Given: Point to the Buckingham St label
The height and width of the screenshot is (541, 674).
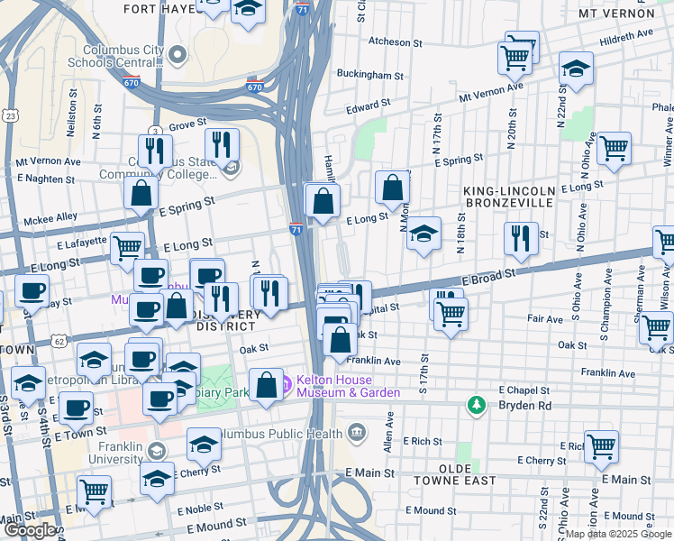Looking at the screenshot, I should coord(367,74).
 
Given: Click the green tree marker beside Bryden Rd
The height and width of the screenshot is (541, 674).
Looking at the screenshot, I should coord(476,405).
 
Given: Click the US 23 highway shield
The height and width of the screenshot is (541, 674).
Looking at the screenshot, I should coord(10,115).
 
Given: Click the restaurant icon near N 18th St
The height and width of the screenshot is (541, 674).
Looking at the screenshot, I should coord(520,237).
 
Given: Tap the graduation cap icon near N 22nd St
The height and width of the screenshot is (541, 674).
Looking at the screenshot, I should coord(576,68).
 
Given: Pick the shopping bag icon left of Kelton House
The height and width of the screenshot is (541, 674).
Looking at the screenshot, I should coord(267,385).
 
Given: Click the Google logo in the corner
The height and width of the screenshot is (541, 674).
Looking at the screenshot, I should coord(29,531).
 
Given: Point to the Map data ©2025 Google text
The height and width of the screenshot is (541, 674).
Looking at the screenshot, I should coord(618,534).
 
